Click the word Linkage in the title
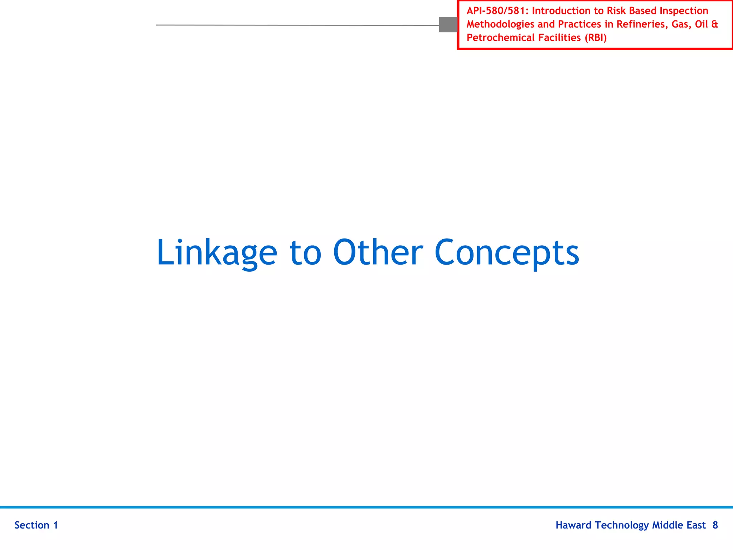click(x=217, y=252)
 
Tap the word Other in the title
click(x=378, y=252)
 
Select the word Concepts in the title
click(x=506, y=252)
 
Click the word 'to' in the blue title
click(x=305, y=252)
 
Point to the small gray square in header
click(x=448, y=24)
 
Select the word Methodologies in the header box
click(x=500, y=24)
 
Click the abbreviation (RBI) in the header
click(x=596, y=38)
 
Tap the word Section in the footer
click(x=32, y=525)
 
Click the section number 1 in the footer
click(x=55, y=525)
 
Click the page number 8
click(x=715, y=525)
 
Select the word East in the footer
click(x=696, y=525)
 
